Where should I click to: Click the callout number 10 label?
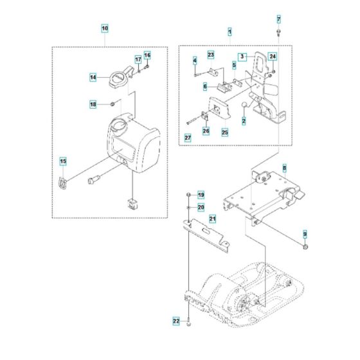tap(105, 29)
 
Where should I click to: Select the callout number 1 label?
tap(230, 31)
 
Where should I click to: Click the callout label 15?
tap(63, 161)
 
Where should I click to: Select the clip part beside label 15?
tap(63, 183)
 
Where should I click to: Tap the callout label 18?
tap(93, 104)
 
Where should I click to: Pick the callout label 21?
tap(212, 220)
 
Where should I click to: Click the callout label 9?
tap(305, 233)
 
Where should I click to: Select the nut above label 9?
tap(305, 246)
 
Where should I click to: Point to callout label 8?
tap(302, 168)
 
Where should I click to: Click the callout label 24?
tap(273, 57)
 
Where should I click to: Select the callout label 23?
tap(210, 55)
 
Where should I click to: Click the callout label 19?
tap(200, 195)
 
